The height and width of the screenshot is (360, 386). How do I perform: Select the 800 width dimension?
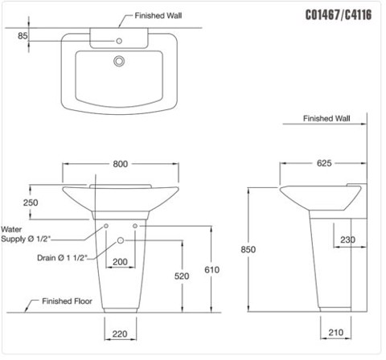(x=121, y=164)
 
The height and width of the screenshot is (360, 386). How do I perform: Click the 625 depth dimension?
(x=324, y=164)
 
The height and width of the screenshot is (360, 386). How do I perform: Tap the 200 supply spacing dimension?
(x=121, y=263)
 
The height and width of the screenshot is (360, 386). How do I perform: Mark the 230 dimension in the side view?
(x=347, y=239)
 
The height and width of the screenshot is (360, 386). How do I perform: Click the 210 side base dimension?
(x=337, y=329)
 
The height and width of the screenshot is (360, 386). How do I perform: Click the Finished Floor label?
(x=58, y=303)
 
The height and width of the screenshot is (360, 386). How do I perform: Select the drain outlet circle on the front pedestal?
(x=121, y=241)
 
